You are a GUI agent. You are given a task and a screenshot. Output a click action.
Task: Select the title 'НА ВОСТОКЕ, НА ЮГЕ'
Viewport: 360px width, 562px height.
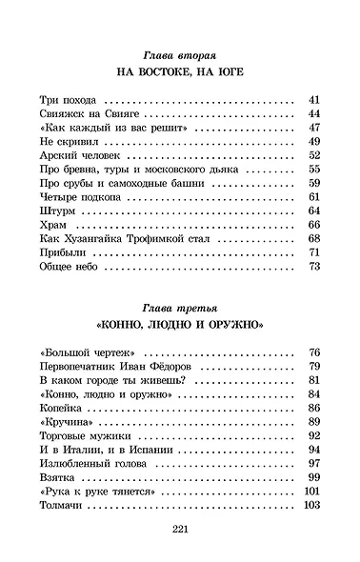(180, 72)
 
